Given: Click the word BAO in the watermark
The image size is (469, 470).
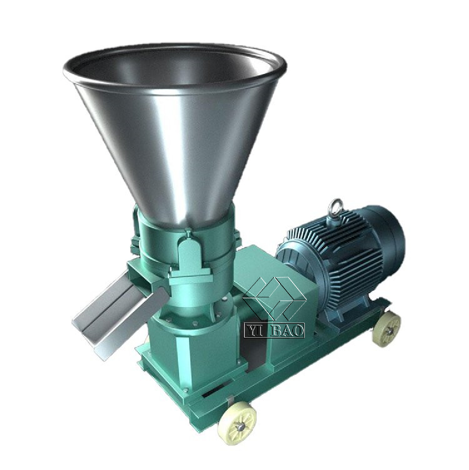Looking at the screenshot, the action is coord(288,330).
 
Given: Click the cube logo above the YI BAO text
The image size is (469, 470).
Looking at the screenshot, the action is coord(274,296).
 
